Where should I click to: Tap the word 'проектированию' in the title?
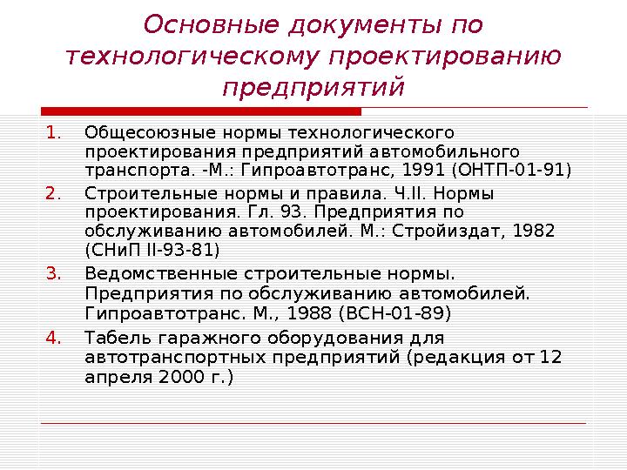[x=445, y=57]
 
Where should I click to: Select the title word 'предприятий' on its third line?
[x=313, y=88]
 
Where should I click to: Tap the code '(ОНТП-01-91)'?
[x=521, y=170]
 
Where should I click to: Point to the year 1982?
[x=533, y=231]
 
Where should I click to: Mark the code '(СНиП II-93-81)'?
[x=152, y=251]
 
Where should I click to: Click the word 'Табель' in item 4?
[x=111, y=337]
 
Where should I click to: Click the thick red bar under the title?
[x=200, y=111]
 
